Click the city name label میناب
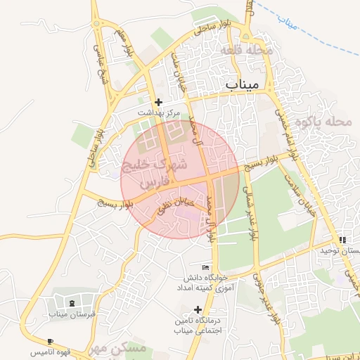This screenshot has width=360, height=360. [243, 84]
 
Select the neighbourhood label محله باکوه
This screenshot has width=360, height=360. [323, 122]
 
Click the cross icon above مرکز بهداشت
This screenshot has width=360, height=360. [158, 102]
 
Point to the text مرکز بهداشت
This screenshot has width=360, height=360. [158, 112]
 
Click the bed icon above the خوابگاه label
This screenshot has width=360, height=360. [205, 267]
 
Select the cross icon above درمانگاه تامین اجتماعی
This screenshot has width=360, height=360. [198, 309]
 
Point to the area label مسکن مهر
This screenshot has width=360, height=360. [120, 349]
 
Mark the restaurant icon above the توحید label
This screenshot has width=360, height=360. [342, 240]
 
